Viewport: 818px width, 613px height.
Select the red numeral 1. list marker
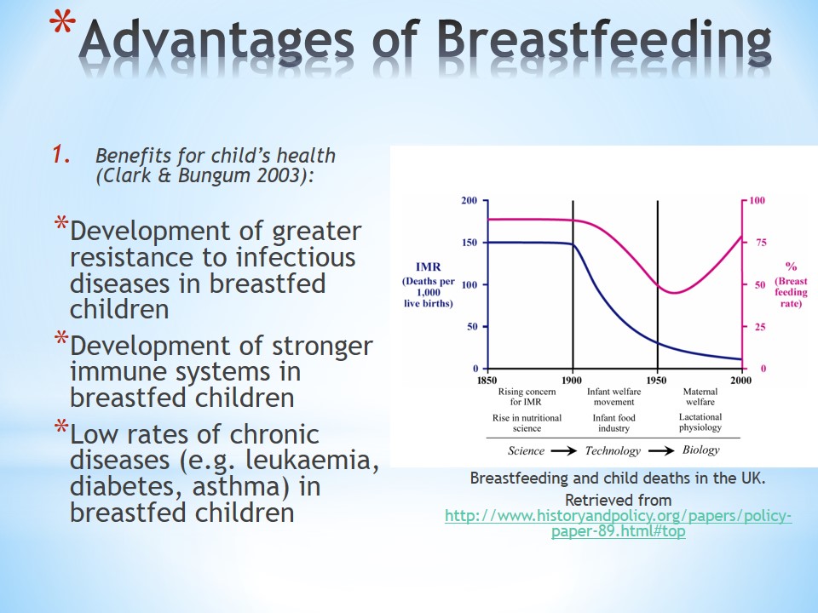[x=61, y=154]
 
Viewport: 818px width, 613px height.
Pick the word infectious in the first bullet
[x=296, y=257]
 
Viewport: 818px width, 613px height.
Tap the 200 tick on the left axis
[x=469, y=200]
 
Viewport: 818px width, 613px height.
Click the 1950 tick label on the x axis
[x=656, y=380]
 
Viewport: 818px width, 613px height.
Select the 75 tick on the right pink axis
[x=761, y=243]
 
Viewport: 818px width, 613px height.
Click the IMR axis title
[x=429, y=266]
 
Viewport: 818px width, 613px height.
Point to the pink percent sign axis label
[x=791, y=266]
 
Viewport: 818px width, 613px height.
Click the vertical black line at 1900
[x=573, y=284]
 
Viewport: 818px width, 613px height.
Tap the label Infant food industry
[x=614, y=423]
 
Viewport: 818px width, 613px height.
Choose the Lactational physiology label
[x=700, y=422]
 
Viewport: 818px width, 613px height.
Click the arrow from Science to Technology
[x=564, y=451]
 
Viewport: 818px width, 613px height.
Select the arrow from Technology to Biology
[x=661, y=451]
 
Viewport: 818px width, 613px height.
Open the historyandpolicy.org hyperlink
[x=619, y=523]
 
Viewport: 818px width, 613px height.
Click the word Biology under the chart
[x=700, y=450]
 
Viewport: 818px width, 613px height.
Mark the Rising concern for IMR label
[x=527, y=397]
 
